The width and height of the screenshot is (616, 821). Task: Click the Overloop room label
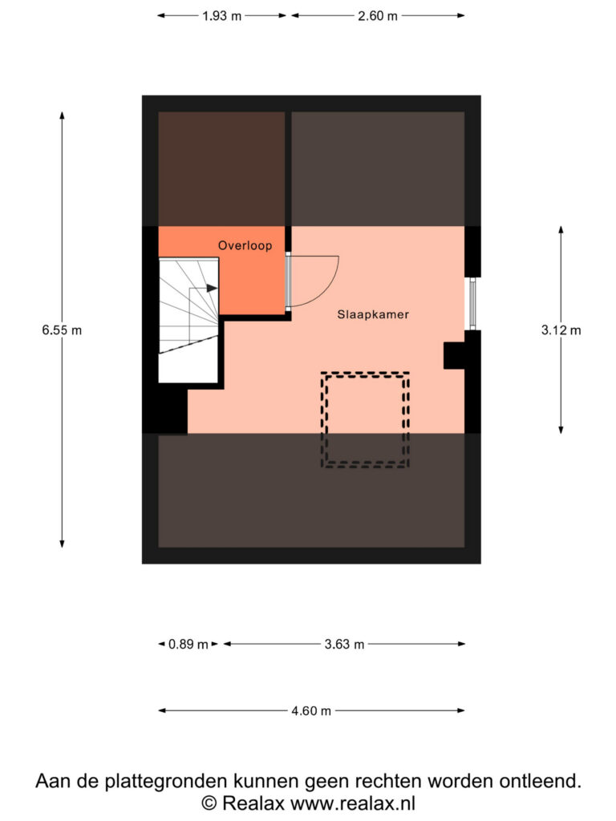(245, 245)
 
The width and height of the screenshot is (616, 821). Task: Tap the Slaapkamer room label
(373, 314)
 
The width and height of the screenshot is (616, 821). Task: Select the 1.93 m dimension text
(222, 16)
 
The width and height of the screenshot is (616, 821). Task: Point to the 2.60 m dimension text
(378, 16)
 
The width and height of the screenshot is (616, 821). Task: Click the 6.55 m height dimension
(62, 330)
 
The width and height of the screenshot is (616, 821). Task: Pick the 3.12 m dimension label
(561, 330)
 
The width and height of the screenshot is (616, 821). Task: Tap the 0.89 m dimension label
(188, 644)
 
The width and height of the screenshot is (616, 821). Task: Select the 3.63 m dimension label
(344, 644)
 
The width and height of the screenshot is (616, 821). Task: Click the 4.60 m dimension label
(311, 711)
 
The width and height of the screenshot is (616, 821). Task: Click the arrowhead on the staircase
(212, 288)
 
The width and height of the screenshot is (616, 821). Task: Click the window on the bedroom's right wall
(472, 304)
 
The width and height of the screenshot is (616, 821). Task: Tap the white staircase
(188, 320)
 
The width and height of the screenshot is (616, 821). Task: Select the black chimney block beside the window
(454, 355)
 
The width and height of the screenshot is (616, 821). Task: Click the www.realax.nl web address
(353, 803)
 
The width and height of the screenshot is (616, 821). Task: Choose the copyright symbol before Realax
(209, 803)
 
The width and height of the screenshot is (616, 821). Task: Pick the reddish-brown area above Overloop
(221, 169)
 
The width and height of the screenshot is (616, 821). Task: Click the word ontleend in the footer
(540, 781)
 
